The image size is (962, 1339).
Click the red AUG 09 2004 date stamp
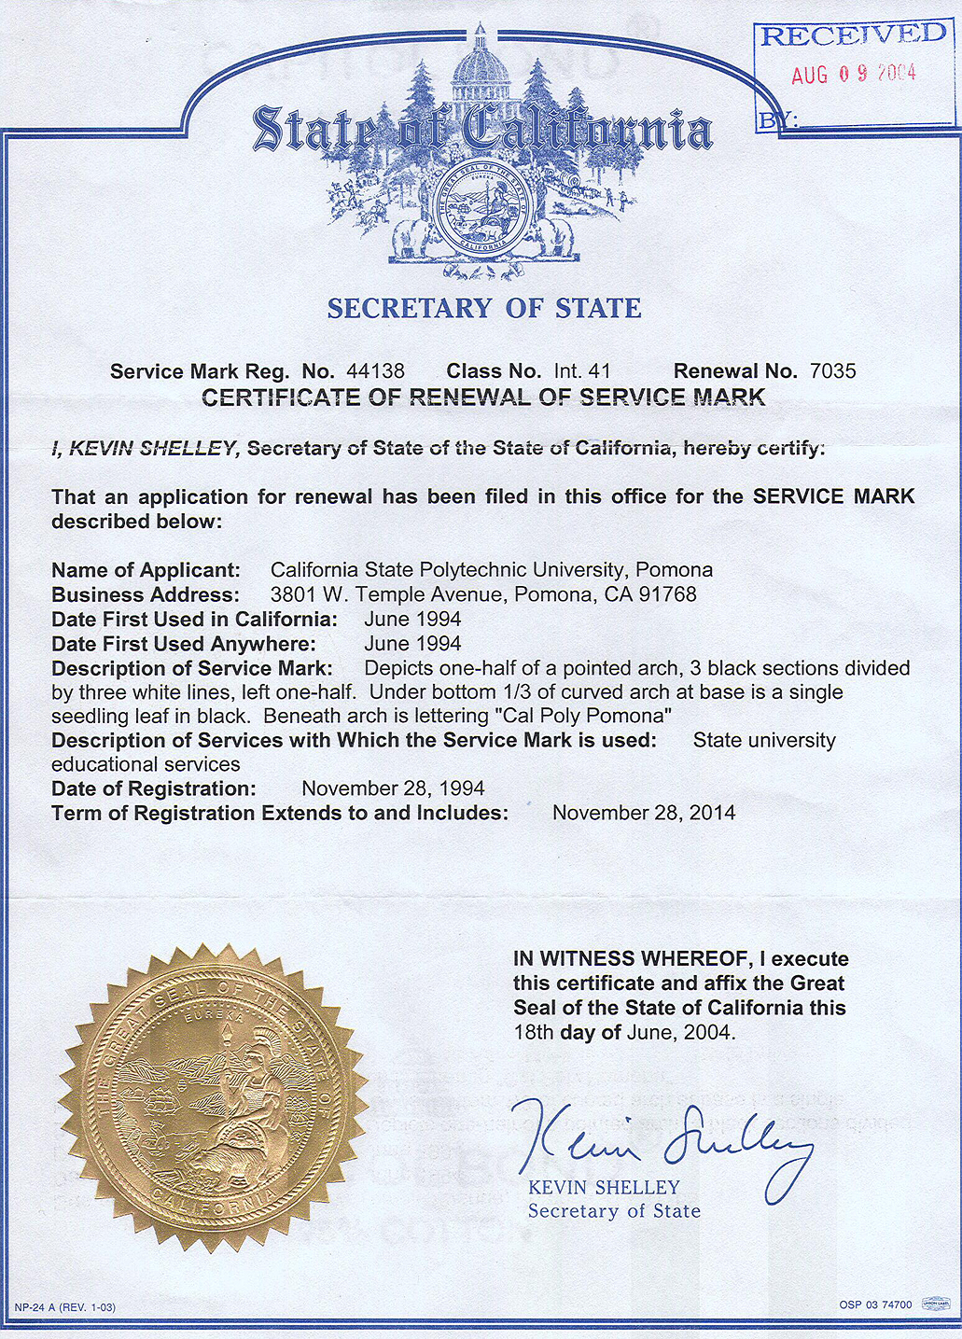[854, 75]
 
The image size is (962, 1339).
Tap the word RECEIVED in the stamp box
[853, 36]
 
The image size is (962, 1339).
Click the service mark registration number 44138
[375, 371]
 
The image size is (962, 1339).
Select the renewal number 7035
[832, 371]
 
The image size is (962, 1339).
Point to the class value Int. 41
[582, 371]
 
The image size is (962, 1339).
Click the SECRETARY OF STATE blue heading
[484, 309]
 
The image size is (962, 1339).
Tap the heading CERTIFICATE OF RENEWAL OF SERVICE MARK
[483, 398]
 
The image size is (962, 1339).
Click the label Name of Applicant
[146, 570]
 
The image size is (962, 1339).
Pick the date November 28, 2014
[644, 813]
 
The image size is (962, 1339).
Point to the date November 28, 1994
[393, 788]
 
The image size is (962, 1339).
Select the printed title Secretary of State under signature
[614, 1211]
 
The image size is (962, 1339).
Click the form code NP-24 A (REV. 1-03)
[65, 1307]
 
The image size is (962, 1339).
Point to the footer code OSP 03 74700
[875, 1304]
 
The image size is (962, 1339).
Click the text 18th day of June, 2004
[624, 1033]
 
